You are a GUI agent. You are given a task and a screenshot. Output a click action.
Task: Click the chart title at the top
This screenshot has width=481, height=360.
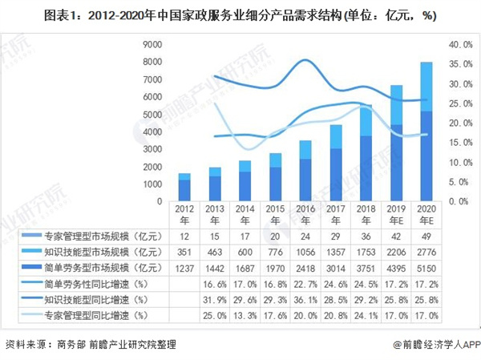[x=240, y=14]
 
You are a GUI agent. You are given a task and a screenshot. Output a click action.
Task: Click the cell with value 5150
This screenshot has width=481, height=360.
[x=428, y=268]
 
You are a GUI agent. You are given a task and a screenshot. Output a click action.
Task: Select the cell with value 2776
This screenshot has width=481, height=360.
[x=428, y=252]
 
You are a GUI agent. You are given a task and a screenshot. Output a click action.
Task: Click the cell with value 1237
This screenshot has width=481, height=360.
[x=184, y=268]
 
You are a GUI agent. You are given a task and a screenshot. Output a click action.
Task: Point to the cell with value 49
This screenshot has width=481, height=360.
[x=428, y=235]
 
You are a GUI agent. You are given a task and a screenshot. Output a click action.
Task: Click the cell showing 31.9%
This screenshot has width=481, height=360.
[x=215, y=301]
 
